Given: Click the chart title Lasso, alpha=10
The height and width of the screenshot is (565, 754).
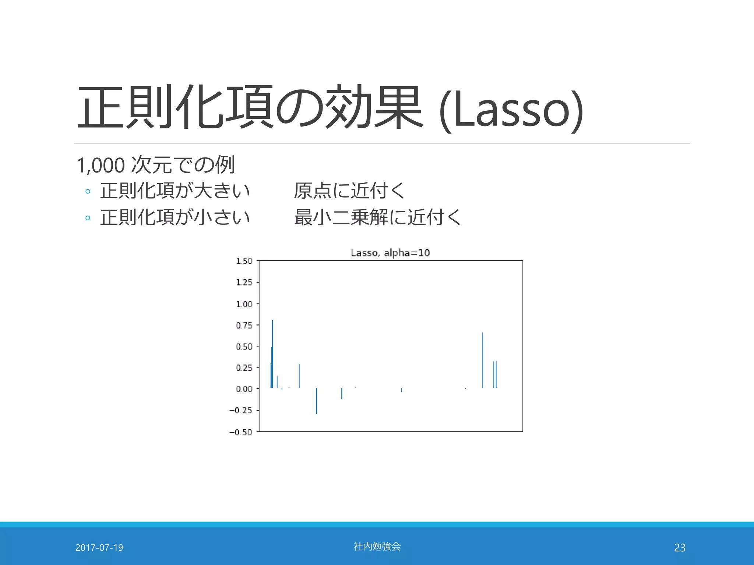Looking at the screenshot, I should click(x=390, y=253).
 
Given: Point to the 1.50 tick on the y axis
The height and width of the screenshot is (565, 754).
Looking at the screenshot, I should click(x=244, y=261).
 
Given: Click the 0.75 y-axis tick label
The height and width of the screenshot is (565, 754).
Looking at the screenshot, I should click(x=244, y=326).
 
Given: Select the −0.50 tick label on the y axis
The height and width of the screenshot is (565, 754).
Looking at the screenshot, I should click(x=241, y=432).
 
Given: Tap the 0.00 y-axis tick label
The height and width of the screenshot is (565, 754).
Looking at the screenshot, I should click(x=244, y=389).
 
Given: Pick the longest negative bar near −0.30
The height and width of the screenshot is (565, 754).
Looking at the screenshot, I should click(x=316, y=401).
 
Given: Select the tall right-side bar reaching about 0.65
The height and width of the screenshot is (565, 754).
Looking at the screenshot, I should click(x=483, y=360).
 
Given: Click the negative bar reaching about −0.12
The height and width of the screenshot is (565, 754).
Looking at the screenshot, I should click(x=342, y=394).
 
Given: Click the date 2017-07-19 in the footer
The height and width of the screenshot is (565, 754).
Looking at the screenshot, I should click(x=99, y=548).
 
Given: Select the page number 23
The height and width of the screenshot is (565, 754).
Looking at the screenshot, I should click(x=680, y=548).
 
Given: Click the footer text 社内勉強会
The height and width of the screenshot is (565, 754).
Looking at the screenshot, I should click(x=377, y=547).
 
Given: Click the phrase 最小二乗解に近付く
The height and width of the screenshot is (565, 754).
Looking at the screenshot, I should click(x=377, y=217).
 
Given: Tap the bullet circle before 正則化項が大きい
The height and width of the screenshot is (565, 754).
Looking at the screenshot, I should click(x=88, y=191).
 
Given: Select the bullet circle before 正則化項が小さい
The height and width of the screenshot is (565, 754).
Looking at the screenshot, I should click(x=88, y=218).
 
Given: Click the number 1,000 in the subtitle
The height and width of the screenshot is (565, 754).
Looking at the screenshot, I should click(x=101, y=165).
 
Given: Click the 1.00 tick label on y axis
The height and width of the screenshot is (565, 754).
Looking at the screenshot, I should click(x=244, y=304).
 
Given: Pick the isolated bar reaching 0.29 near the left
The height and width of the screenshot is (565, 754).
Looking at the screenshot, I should click(x=299, y=376).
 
